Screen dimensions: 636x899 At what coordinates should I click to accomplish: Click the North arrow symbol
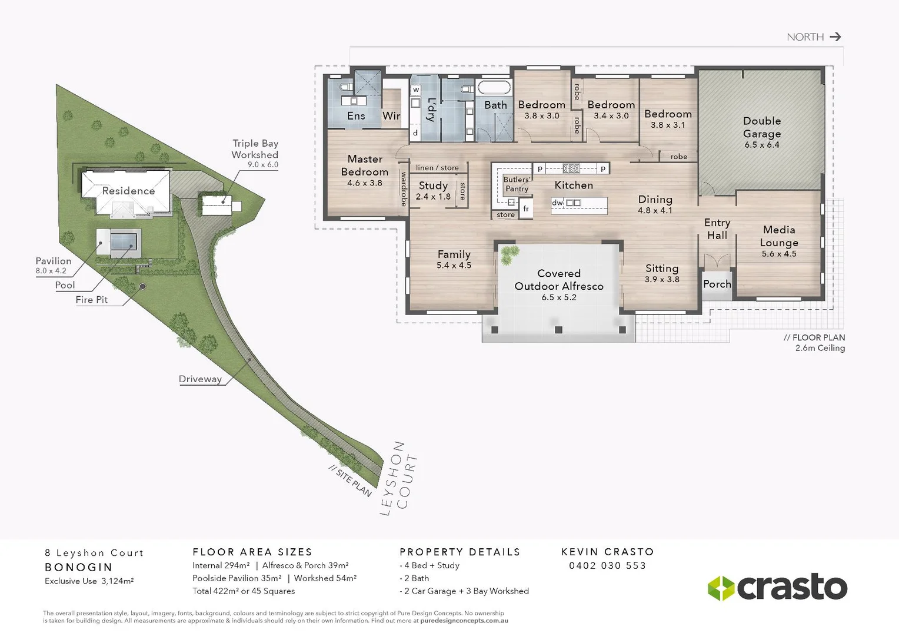click(x=835, y=37)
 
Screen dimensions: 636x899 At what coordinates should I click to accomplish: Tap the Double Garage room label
click(x=762, y=127)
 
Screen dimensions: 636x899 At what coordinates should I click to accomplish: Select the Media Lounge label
click(x=779, y=236)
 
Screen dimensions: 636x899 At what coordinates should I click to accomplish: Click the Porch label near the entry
click(x=717, y=284)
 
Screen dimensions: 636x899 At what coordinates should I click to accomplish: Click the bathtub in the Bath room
click(x=494, y=88)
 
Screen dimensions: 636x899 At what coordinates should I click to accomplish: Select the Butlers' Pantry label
click(x=517, y=184)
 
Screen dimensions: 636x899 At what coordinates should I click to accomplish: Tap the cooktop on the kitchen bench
click(x=571, y=168)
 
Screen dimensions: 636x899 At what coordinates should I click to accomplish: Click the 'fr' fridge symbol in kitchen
click(x=526, y=208)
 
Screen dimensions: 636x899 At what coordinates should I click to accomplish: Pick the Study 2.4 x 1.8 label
click(x=433, y=191)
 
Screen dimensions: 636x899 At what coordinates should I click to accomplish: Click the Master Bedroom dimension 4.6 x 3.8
click(x=365, y=183)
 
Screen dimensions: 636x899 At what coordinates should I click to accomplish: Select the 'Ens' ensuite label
click(x=356, y=116)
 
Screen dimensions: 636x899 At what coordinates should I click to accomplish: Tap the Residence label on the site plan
click(x=128, y=191)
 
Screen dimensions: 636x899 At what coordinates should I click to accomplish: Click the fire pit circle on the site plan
click(x=142, y=286)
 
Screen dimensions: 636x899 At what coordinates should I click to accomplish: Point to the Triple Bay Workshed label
click(x=255, y=149)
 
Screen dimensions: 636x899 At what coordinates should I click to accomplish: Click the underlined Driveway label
click(x=200, y=379)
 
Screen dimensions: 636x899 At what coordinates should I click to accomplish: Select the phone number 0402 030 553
click(x=607, y=566)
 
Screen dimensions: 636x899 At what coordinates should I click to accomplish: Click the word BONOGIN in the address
click(x=78, y=567)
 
